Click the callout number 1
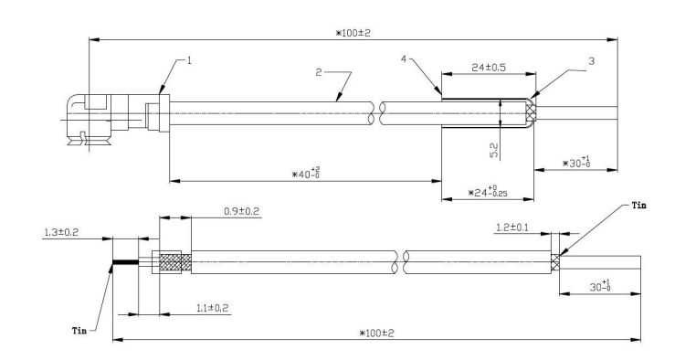189,60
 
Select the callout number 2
319,72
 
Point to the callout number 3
591,61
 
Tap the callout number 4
404,59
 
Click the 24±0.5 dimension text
489,68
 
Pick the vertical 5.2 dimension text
494,151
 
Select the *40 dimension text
306,173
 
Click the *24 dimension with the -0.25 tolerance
488,191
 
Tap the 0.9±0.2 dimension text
241,211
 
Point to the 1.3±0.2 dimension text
61,232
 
